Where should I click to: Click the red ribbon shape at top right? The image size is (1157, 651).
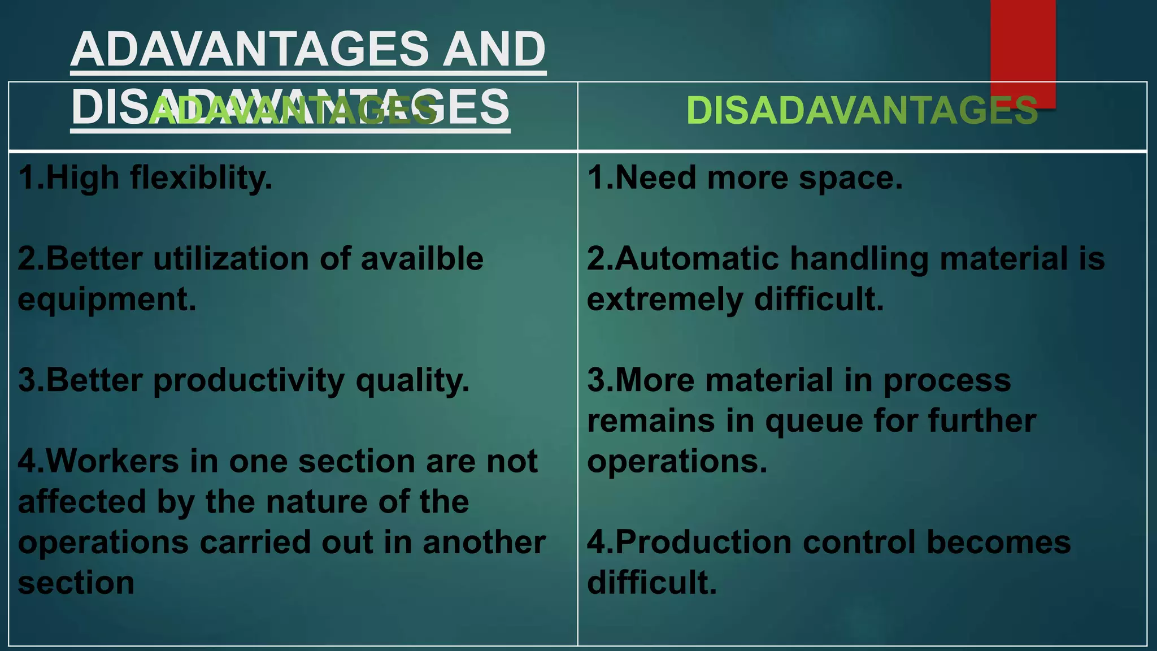tap(1023, 45)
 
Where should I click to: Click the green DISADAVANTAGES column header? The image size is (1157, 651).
tap(862, 110)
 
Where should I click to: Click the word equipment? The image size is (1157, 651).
tap(107, 300)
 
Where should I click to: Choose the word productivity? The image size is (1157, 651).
tap(249, 380)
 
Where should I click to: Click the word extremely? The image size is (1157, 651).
tap(665, 300)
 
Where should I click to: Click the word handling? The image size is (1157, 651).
tap(859, 260)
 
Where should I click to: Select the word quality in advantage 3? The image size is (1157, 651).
tap(412, 381)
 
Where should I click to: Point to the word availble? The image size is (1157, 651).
tap(421, 259)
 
